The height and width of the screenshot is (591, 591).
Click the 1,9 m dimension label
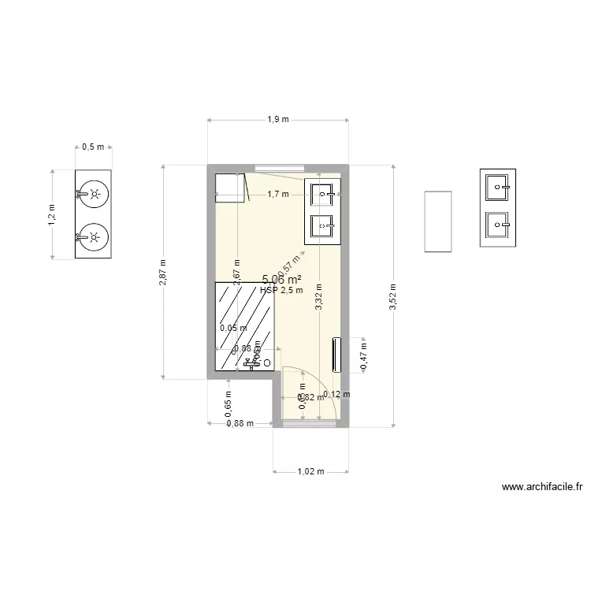point(277,120)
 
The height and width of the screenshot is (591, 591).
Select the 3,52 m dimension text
point(393,297)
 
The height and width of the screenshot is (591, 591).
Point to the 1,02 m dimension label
point(310,472)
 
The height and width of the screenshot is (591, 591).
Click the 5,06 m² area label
point(281,279)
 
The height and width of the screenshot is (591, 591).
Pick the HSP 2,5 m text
point(281,290)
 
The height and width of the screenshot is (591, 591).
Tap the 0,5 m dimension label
point(93,147)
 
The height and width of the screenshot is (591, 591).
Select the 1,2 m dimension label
point(53,214)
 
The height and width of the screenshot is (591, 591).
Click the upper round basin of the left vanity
point(95,192)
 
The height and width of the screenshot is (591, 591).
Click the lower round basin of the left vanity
point(95,235)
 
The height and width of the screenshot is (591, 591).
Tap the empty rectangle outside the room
point(438,221)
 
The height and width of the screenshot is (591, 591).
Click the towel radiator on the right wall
point(337,355)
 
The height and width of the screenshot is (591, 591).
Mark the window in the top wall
point(280,166)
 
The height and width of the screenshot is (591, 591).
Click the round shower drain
point(267,362)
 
